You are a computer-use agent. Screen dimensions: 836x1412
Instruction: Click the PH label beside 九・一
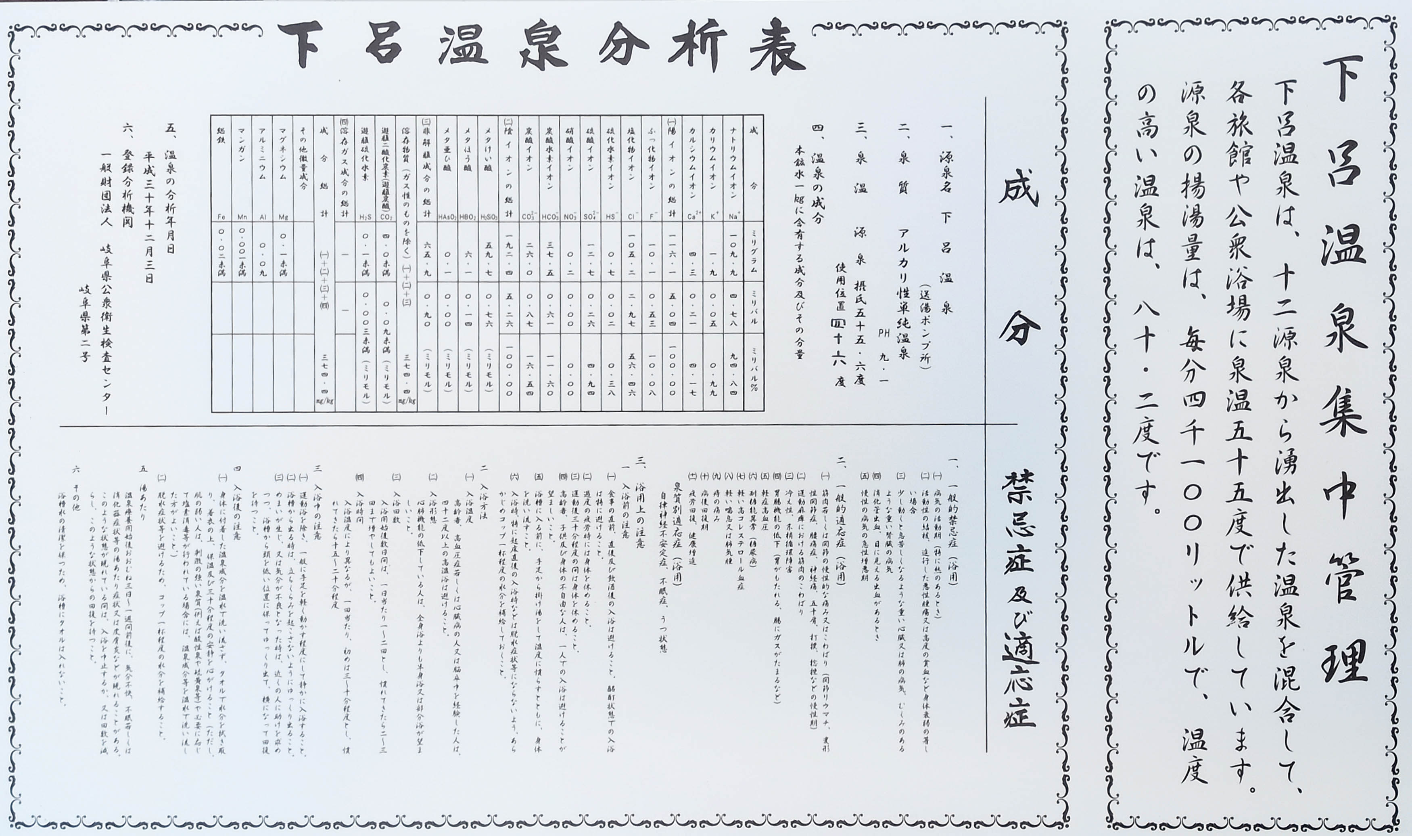click(x=884, y=333)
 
